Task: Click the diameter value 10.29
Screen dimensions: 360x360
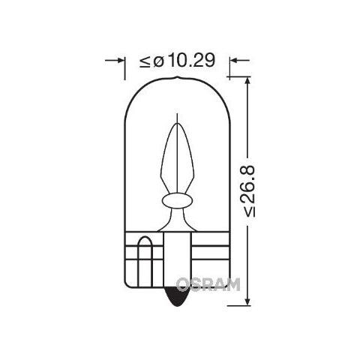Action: (191, 61)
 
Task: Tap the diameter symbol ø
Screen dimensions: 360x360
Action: (158, 61)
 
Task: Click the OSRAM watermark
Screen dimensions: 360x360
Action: (208, 284)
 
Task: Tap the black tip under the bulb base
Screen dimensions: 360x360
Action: (178, 297)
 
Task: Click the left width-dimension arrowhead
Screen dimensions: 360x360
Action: (121, 60)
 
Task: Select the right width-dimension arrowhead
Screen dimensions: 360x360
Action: (234, 60)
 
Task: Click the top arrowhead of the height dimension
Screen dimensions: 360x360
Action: (247, 81)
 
